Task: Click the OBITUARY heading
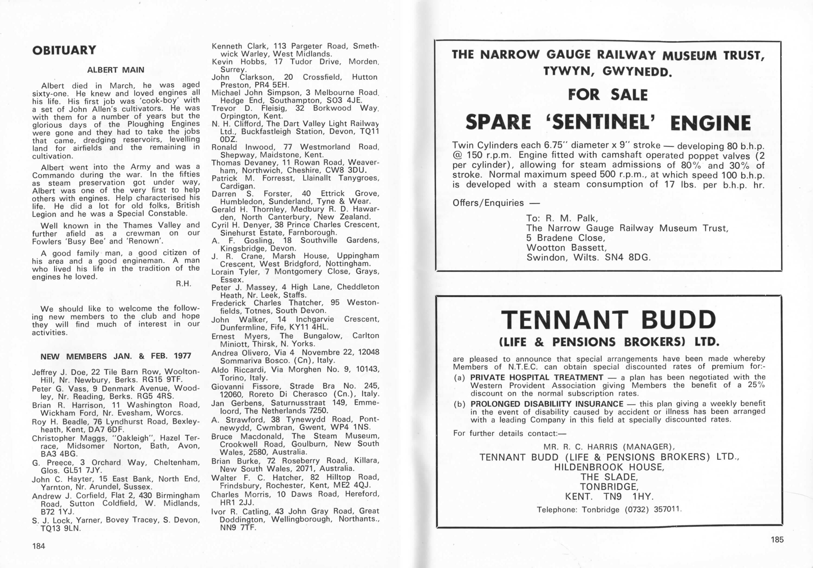[x=64, y=51]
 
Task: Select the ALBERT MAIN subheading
[x=116, y=70]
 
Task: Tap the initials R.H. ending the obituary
[x=183, y=284]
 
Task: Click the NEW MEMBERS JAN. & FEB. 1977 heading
[x=116, y=356]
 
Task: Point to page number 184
[x=39, y=546]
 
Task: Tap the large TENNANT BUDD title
[x=608, y=320]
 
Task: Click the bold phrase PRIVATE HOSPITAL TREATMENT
[x=536, y=377]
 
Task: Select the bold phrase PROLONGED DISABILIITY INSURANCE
[x=546, y=404]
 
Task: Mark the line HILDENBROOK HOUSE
[x=609, y=467]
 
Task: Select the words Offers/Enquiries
[x=488, y=203]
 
